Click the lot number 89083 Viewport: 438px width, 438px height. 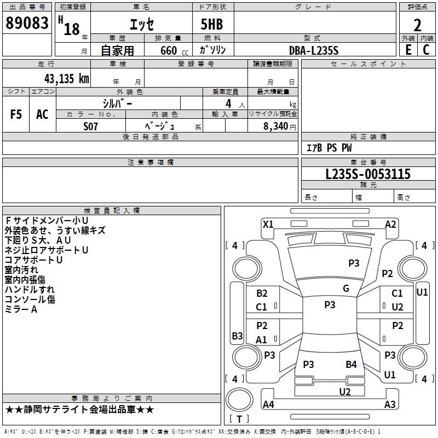[x=27, y=22]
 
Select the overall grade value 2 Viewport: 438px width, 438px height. [x=417, y=25]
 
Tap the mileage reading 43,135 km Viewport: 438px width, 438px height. [x=67, y=78]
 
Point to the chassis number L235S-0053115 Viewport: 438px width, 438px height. [x=368, y=174]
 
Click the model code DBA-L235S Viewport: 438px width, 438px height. [x=314, y=50]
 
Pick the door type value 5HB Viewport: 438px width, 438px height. [x=212, y=24]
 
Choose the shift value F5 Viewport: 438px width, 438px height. [x=16, y=114]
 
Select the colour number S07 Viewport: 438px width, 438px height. [x=90, y=126]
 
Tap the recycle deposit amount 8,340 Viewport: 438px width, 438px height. [x=275, y=126]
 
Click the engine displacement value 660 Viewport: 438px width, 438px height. [x=169, y=50]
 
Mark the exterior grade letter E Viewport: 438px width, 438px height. [x=408, y=50]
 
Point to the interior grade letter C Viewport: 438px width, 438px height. [x=426, y=50]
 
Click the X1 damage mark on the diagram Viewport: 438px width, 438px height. [x=268, y=224]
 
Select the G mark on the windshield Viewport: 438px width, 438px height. [x=346, y=289]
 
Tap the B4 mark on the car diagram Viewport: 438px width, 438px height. [x=351, y=364]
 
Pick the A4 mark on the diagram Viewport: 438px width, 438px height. [x=268, y=404]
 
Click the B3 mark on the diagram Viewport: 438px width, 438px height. [x=237, y=336]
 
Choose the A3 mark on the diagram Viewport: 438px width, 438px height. [x=390, y=404]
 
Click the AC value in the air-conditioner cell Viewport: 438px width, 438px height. [x=42, y=114]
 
